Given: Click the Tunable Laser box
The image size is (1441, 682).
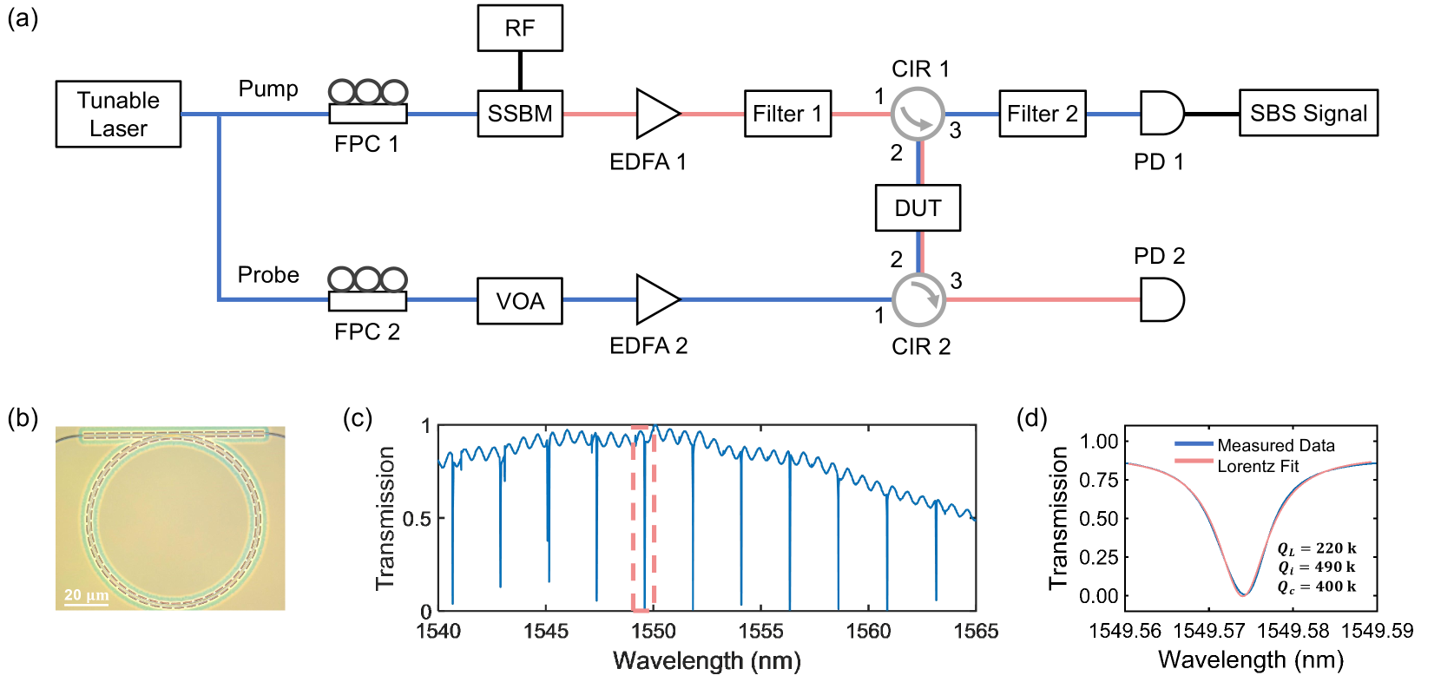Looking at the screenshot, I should (x=118, y=114).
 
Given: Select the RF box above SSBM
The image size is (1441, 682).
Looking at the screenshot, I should (x=519, y=29).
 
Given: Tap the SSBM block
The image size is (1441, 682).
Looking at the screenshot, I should (x=519, y=114).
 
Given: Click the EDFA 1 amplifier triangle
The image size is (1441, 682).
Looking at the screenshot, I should (x=655, y=114).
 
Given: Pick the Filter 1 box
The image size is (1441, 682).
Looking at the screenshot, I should (x=787, y=114).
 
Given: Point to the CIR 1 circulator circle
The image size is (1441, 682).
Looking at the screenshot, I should (x=918, y=114).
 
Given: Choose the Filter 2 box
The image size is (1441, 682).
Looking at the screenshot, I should (x=1042, y=114).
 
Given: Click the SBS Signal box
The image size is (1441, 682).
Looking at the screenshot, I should (x=1307, y=114).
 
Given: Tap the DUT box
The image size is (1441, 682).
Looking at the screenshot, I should (x=918, y=208).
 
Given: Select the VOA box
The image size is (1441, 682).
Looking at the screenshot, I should (x=519, y=300).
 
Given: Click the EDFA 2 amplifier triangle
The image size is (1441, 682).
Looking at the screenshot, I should (x=655, y=299).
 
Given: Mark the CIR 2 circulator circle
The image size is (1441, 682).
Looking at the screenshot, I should (x=918, y=300).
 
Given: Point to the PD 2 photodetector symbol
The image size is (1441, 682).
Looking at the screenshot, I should (x=1161, y=299).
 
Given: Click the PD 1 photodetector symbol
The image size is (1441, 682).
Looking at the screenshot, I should (x=1161, y=114).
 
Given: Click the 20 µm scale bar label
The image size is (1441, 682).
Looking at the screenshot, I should (x=86, y=595).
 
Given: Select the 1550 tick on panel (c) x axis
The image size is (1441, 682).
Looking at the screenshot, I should (x=654, y=631).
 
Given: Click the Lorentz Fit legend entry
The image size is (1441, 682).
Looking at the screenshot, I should (x=1257, y=467).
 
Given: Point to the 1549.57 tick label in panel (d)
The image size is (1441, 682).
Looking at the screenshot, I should (x=1209, y=631).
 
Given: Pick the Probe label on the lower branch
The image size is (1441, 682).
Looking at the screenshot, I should (x=268, y=275).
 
